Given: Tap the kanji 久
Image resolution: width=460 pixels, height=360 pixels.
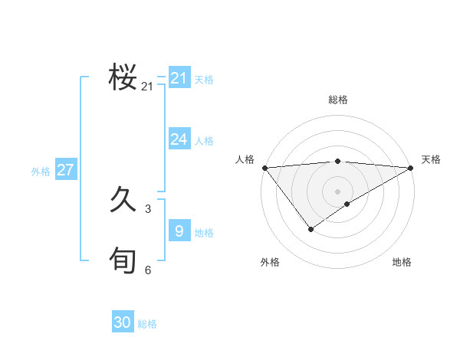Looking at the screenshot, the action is pos(123,201).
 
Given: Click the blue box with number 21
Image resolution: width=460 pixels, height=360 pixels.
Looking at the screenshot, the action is pos(179,78).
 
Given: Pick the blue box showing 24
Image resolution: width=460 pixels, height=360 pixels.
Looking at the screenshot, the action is pos(179,139).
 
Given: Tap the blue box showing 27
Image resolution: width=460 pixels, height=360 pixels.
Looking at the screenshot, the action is pos(65,170).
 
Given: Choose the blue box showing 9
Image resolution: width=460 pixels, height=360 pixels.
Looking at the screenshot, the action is pos(179,231).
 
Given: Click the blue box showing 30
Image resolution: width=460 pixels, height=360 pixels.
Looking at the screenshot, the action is pos(123,322).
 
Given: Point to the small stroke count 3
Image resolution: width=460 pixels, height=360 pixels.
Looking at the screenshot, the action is pos(148,208).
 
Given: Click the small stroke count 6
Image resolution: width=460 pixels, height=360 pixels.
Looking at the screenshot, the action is pos(148,270).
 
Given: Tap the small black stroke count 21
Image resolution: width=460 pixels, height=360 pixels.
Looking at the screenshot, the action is pos(147,87).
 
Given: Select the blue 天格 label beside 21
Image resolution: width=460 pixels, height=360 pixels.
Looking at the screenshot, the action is pos(204,80).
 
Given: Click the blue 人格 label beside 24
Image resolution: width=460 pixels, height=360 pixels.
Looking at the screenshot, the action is pos(204,141).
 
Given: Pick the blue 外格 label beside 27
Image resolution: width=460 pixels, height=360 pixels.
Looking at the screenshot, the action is pos(41,172).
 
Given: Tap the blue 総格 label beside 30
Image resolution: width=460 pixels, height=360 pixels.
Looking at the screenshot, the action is pos(147,324).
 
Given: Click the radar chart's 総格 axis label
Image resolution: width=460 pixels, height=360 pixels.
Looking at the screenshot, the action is pos(337,100).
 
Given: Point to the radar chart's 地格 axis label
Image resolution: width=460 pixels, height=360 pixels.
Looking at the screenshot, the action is pos(402,262).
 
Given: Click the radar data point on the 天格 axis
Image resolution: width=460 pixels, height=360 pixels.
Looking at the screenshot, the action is pos(411,168).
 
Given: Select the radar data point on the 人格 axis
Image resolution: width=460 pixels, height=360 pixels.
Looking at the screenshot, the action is pos(264,168).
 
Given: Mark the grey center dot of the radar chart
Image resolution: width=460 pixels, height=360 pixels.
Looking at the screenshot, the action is pos(337,191).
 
